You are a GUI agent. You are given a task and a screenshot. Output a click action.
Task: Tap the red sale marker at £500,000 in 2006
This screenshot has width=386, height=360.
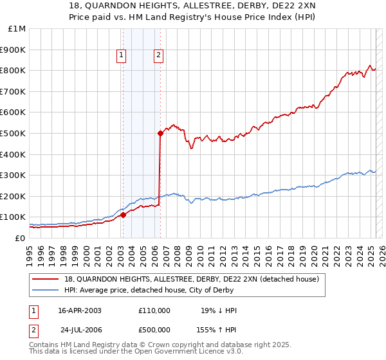(160, 133)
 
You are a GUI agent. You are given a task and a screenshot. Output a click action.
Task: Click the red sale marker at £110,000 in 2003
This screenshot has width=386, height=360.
(123, 215)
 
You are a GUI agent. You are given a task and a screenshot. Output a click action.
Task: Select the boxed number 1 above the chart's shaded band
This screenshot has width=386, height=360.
(121, 56)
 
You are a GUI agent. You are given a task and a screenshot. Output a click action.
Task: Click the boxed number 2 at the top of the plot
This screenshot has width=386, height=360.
(158, 56)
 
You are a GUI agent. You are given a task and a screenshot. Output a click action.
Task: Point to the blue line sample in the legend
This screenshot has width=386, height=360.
(46, 290)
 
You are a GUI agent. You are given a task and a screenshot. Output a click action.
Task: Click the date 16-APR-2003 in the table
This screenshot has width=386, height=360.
(80, 310)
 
